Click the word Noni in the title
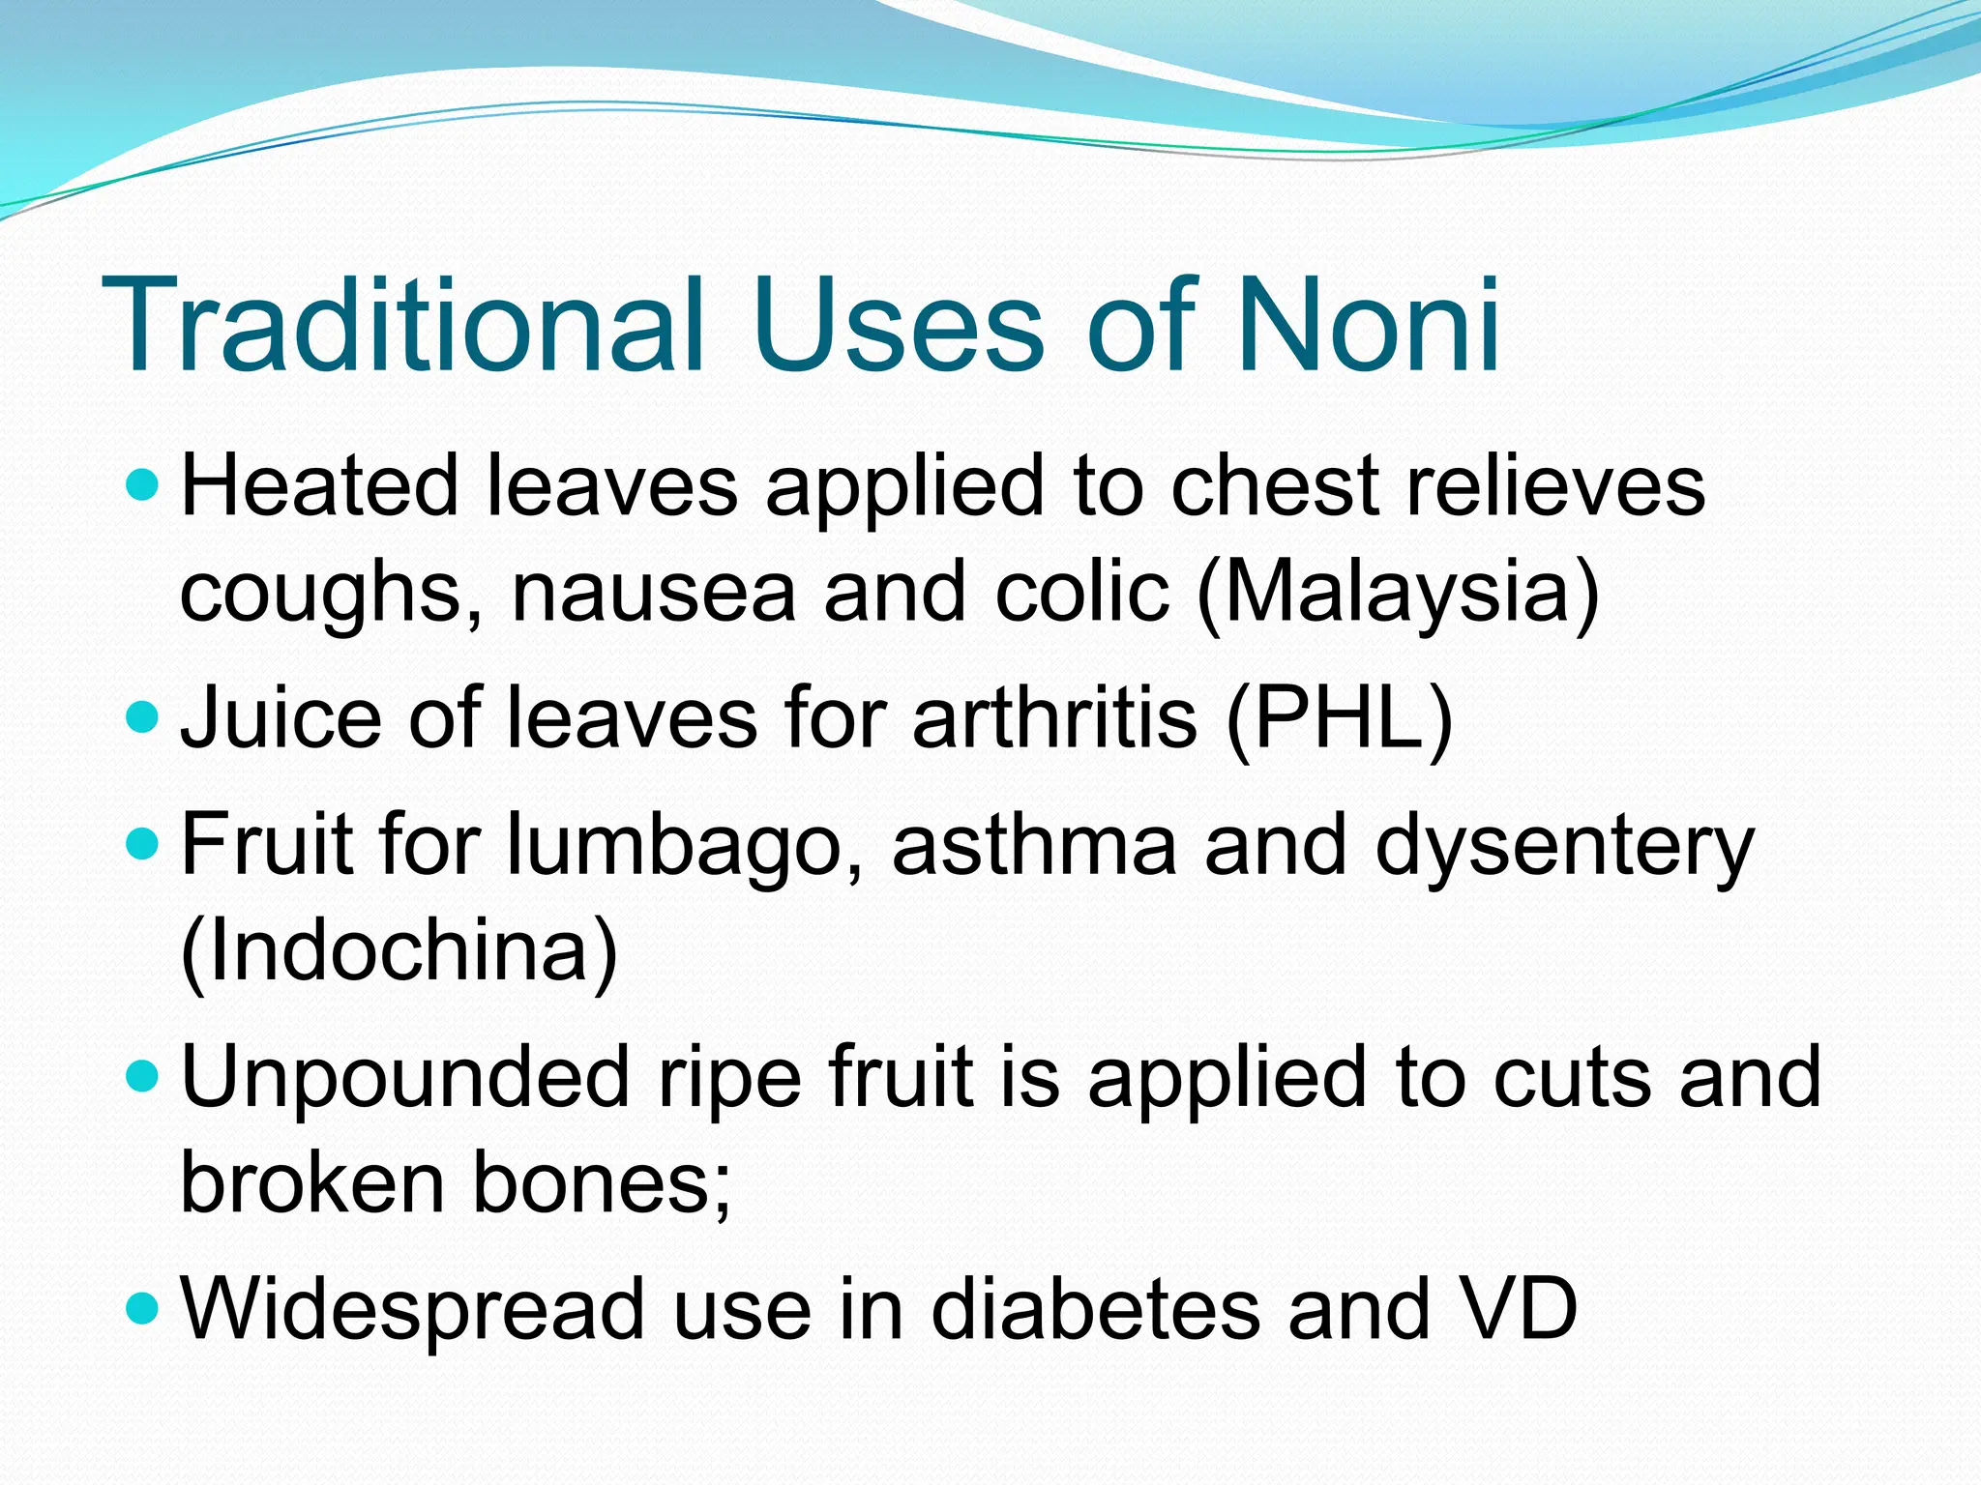coord(1368,326)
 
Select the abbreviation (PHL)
coord(1339,717)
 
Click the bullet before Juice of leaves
coord(142,716)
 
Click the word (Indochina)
coord(399,951)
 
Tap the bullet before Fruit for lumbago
coord(142,844)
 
